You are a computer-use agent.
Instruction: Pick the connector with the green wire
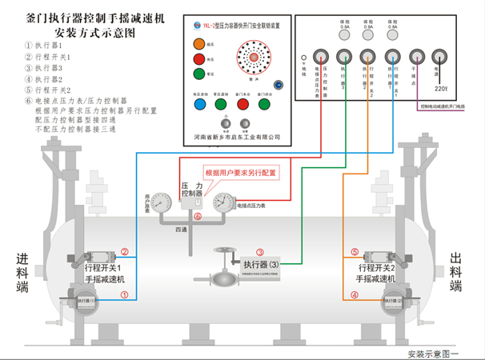pos(343,56)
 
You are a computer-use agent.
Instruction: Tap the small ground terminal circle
pos(303,58)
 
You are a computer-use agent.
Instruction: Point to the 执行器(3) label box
pos(260,264)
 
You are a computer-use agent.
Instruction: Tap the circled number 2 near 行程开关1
pos(124,251)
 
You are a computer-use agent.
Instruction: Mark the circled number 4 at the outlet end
pos(355,294)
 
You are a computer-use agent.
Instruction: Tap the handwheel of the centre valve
pos(220,254)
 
